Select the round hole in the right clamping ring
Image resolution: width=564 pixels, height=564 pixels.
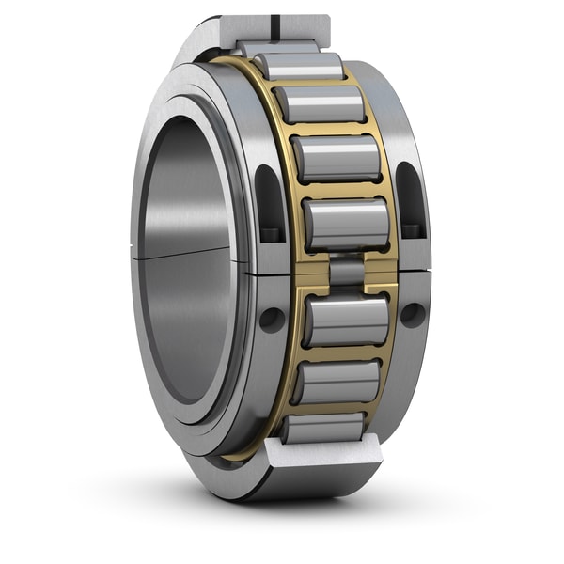click(x=412, y=313)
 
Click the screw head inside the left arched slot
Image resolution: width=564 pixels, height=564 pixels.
click(x=272, y=231)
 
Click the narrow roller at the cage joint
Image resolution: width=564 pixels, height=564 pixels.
click(x=347, y=272)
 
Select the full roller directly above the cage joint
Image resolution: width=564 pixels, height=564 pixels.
click(x=346, y=225)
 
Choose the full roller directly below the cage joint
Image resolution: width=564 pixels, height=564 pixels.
click(x=346, y=321)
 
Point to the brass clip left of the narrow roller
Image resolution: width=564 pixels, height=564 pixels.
click(x=316, y=273)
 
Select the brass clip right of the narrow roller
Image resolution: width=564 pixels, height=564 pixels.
click(x=379, y=272)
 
